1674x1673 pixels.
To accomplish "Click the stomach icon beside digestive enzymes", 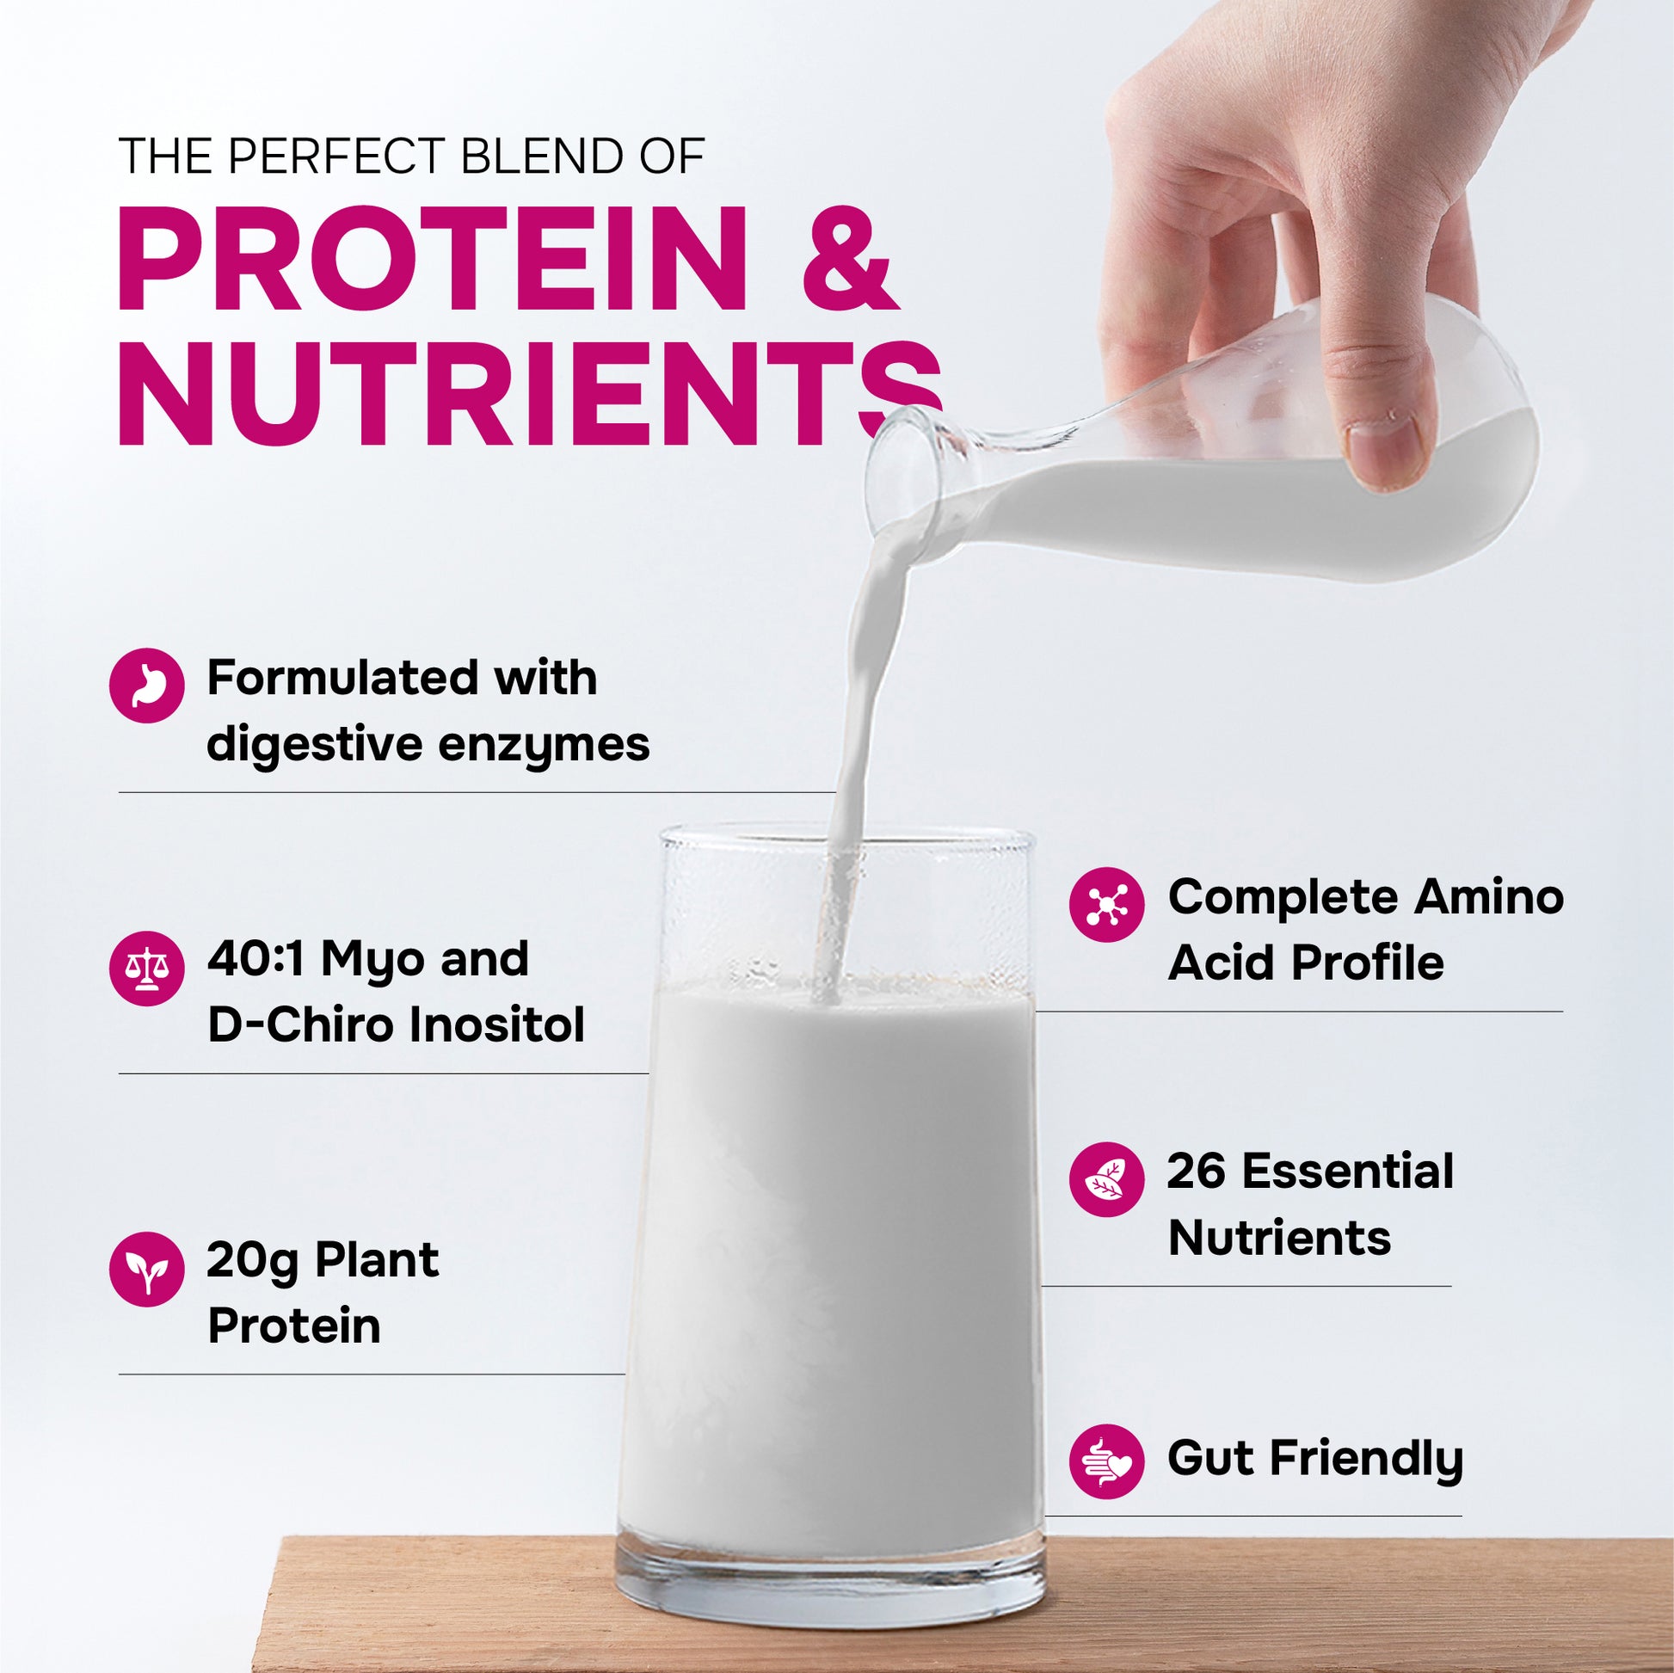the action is click(x=146, y=686).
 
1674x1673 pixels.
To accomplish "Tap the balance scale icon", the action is click(x=146, y=968).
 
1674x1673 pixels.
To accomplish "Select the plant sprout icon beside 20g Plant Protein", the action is click(x=146, y=1269).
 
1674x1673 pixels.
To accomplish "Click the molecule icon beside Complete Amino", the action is click(x=1106, y=905).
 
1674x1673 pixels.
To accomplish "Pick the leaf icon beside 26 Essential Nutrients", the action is click(x=1106, y=1179).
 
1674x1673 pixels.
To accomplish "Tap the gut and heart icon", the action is click(x=1106, y=1461).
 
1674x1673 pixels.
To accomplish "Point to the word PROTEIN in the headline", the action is click(x=431, y=259).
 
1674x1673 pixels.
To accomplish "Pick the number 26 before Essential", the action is click(x=1196, y=1172).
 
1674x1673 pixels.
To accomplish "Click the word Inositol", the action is click(x=496, y=1025).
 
